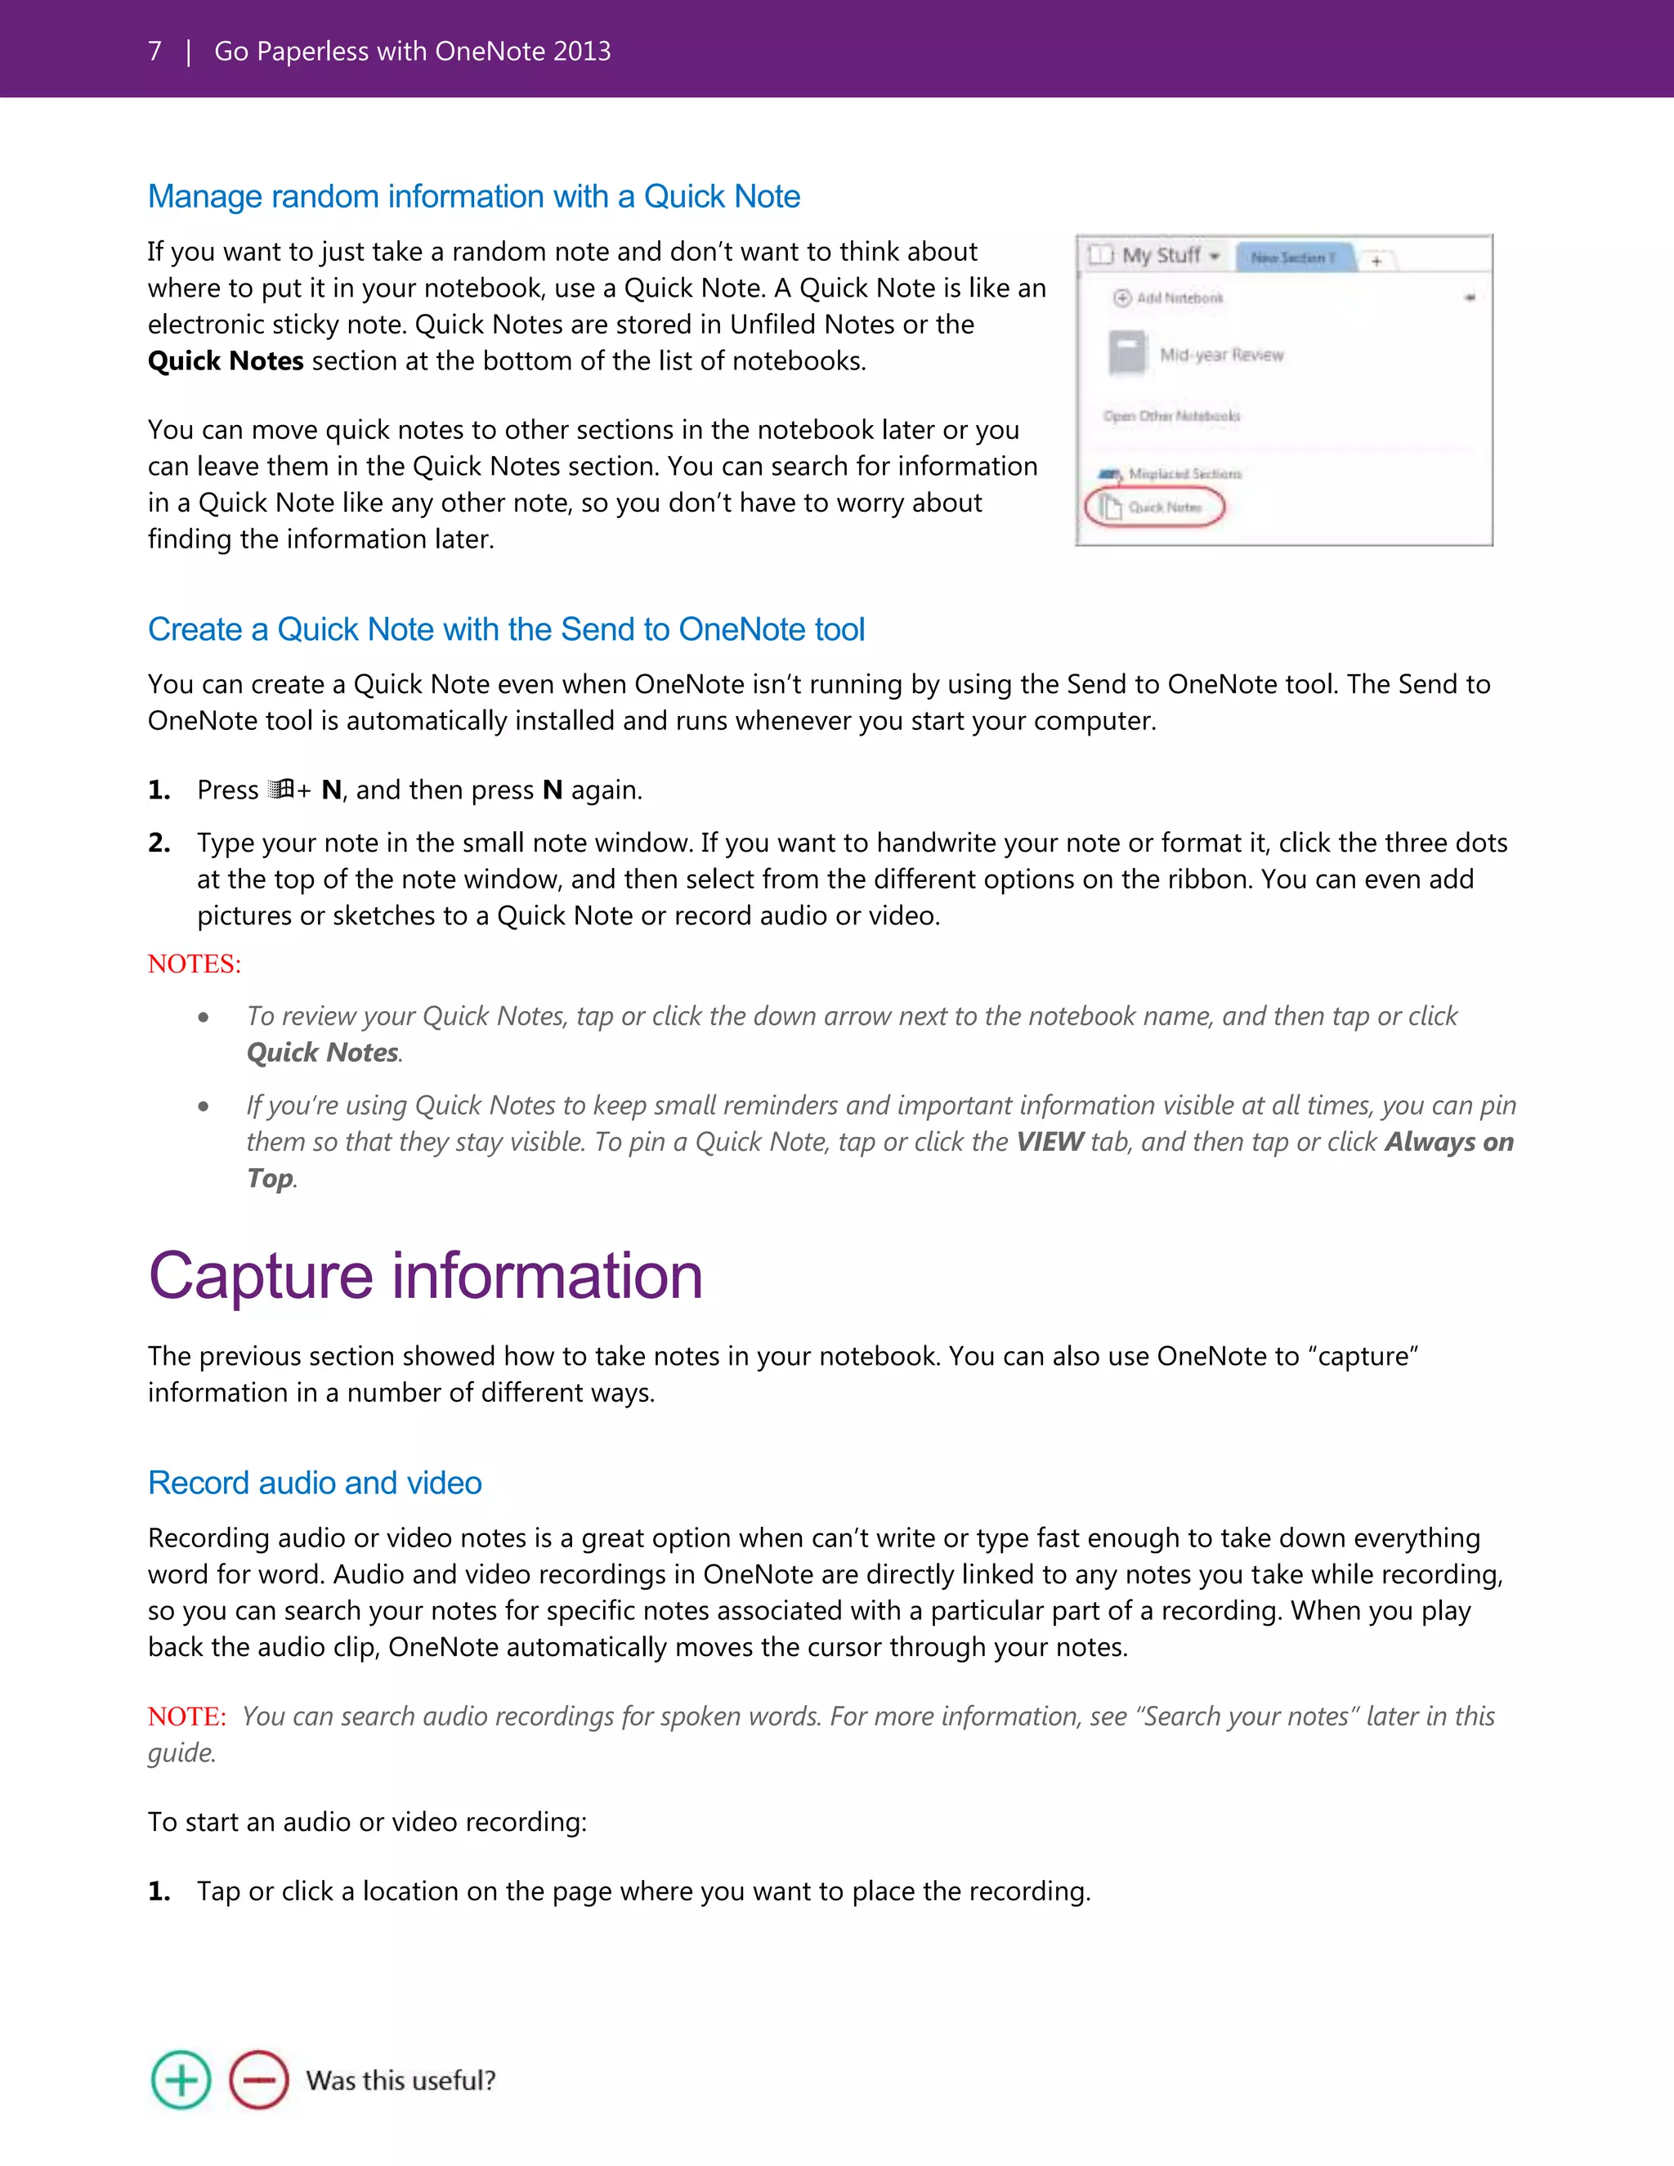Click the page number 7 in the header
coord(154,51)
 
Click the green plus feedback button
coord(181,2079)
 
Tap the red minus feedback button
coord(259,2079)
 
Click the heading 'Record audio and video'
coord(315,1483)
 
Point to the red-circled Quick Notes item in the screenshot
coord(1155,507)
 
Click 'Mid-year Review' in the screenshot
coord(1221,355)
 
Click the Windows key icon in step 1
coord(280,790)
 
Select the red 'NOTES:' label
coord(195,964)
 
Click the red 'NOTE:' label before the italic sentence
coord(186,1716)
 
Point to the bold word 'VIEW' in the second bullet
coord(1050,1143)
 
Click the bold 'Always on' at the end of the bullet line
coord(1449,1143)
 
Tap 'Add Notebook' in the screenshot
coord(1178,298)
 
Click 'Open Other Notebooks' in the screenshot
coord(1171,415)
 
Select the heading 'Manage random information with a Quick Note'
coord(474,196)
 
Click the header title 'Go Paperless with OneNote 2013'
coord(413,51)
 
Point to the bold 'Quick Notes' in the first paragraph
coord(225,361)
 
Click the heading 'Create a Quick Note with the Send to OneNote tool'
coord(506,629)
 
